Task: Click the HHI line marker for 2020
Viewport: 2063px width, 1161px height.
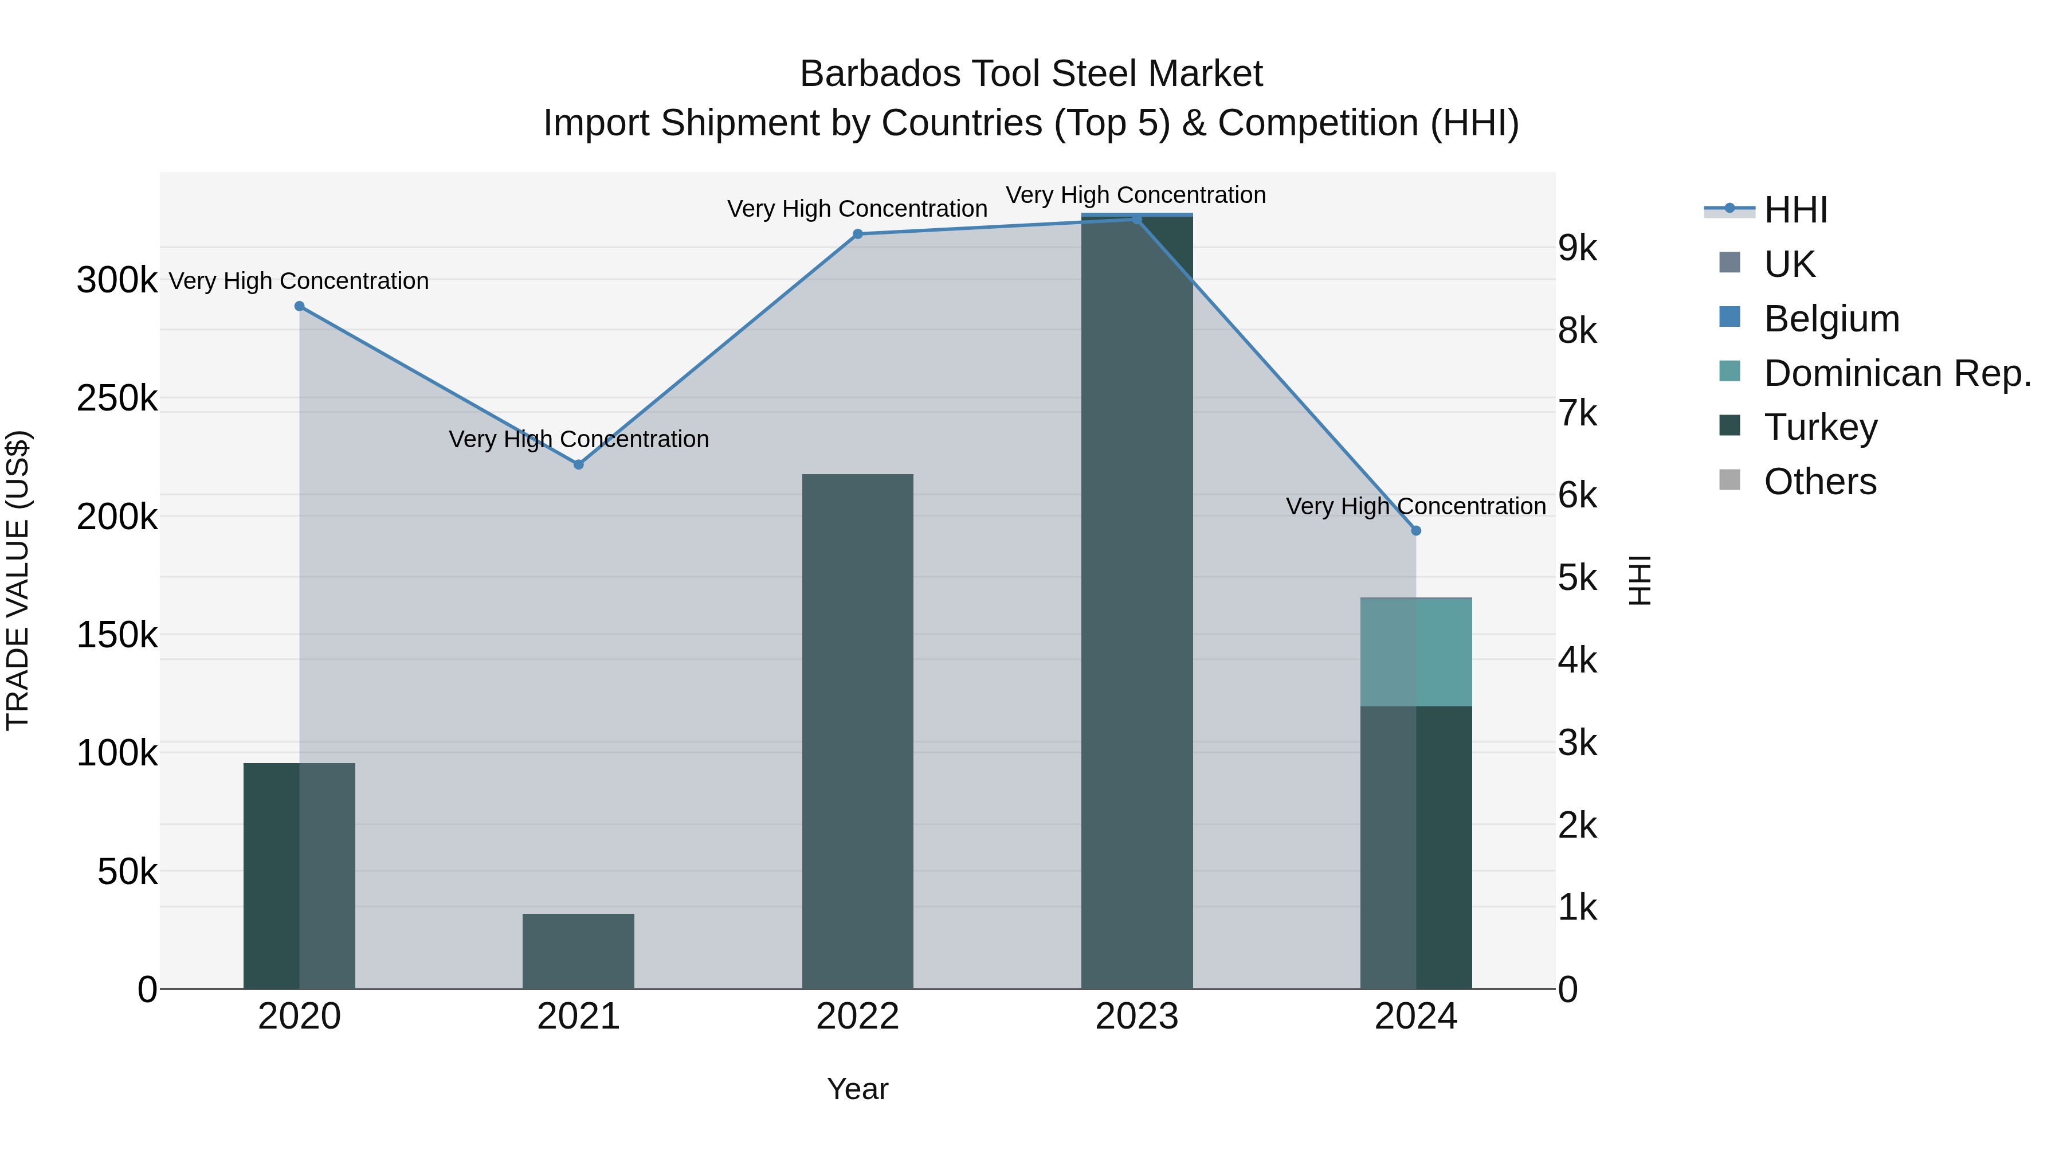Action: [300, 306]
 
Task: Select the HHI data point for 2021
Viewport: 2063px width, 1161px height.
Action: [578, 465]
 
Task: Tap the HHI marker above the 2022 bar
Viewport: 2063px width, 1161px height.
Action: [858, 234]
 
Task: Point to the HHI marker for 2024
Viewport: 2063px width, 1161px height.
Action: [1416, 530]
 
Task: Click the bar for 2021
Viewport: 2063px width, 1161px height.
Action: [578, 951]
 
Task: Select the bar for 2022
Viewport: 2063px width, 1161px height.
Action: [858, 731]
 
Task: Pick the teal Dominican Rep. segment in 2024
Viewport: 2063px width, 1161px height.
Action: [1416, 652]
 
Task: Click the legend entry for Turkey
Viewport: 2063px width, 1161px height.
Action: [1821, 427]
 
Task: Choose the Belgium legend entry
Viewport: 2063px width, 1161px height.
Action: [1831, 319]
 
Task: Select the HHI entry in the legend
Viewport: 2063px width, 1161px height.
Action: [1795, 210]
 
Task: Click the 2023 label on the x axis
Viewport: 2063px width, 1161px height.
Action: [1136, 1017]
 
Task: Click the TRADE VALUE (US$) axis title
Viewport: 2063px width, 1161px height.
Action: [18, 580]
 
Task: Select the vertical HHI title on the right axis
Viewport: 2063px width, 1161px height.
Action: [1640, 580]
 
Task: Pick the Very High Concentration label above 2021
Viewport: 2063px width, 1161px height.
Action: [578, 439]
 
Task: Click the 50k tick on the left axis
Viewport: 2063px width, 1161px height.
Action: [127, 871]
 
